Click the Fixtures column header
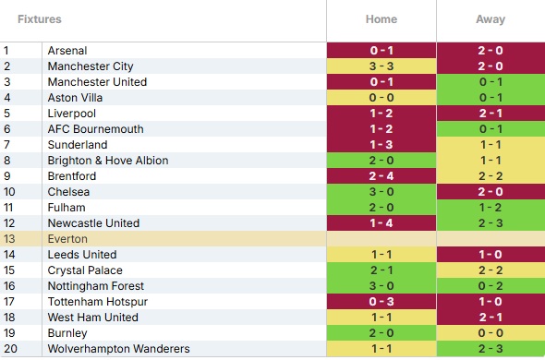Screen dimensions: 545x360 [x=40, y=19]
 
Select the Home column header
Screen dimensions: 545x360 [x=381, y=19]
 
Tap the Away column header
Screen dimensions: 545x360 [x=490, y=19]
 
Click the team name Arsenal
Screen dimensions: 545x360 [x=67, y=51]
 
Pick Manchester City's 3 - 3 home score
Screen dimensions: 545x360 [x=381, y=66]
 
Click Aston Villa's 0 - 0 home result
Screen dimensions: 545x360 [x=381, y=98]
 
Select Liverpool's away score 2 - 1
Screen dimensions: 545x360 [x=490, y=114]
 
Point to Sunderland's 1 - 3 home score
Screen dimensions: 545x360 [x=381, y=145]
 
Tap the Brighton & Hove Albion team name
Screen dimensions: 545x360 [x=108, y=161]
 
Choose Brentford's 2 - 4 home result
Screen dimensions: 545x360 [x=381, y=175]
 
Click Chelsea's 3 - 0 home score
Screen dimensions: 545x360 [x=381, y=191]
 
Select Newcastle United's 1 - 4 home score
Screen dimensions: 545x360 [x=381, y=223]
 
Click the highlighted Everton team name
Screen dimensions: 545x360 [x=67, y=239]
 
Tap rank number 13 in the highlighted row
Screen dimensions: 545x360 [x=9, y=239]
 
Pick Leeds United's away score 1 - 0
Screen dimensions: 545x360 [x=490, y=255]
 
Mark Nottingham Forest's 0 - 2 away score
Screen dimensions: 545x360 [x=490, y=285]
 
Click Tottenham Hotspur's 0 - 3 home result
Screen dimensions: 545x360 [x=381, y=301]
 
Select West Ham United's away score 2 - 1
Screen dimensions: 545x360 [x=490, y=318]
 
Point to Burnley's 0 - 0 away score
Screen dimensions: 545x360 [x=490, y=333]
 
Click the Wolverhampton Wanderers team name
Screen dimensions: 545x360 [x=118, y=349]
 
